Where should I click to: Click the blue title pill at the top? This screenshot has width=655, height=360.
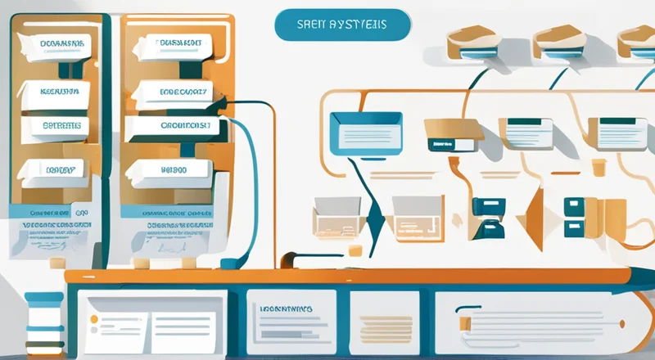click(341, 25)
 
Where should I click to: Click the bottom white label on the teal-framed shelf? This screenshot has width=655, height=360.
click(51, 169)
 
